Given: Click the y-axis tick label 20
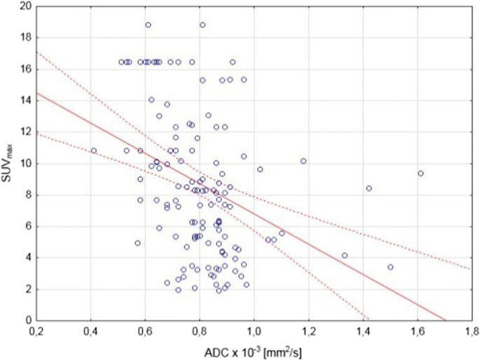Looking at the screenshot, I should point(25,6).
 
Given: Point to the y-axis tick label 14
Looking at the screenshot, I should point(25,100).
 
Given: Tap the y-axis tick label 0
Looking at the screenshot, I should point(27,321).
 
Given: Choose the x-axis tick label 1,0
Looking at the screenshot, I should point(254,331).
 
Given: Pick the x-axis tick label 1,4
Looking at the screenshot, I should point(363,331).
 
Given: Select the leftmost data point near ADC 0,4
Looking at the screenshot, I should point(93,151).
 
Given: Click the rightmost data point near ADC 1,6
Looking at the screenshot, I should point(420,173).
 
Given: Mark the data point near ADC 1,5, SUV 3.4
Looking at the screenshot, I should point(390,267).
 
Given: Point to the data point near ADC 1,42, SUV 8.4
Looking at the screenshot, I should point(369,188).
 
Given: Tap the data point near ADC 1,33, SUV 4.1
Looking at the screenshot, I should point(344,256).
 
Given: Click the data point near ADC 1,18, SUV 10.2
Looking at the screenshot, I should point(303,160).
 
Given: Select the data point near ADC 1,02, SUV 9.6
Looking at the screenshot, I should point(260,169).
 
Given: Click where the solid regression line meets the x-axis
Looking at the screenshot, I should point(445,321).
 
